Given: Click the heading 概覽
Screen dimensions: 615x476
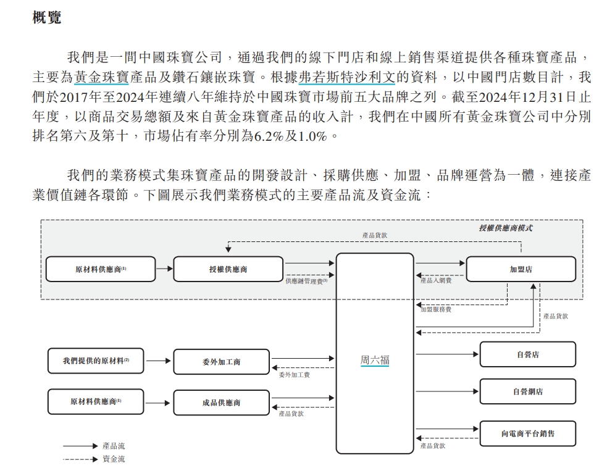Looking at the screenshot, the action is pyautogui.click(x=47, y=18).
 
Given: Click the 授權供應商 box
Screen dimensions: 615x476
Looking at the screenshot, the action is pyautogui.click(x=228, y=269).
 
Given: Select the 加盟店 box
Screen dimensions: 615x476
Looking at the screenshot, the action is pyautogui.click(x=521, y=269).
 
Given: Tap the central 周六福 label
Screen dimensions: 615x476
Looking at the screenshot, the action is pyautogui.click(x=375, y=360).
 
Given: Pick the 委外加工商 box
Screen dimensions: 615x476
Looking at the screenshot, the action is pyautogui.click(x=221, y=362).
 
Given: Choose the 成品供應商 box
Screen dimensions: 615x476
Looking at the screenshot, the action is pyautogui.click(x=221, y=403).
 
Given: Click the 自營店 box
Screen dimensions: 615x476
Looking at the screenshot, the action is pyautogui.click(x=528, y=354).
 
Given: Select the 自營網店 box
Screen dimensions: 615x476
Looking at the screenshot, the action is pyautogui.click(x=528, y=391).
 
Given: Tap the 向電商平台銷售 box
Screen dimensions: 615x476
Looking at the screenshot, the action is pyautogui.click(x=528, y=433).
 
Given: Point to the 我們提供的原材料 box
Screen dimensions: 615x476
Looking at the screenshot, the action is pyautogui.click(x=96, y=361).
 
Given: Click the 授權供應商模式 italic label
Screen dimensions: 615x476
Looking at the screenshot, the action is pyautogui.click(x=506, y=228).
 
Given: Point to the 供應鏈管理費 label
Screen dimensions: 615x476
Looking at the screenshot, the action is pyautogui.click(x=306, y=282).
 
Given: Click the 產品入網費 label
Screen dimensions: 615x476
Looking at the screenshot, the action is pyautogui.click(x=436, y=281).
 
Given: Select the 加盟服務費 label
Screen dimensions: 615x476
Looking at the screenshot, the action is pyautogui.click(x=436, y=309).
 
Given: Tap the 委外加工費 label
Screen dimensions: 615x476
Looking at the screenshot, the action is pyautogui.click(x=294, y=375).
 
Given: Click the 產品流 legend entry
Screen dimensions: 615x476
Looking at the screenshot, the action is pyautogui.click(x=114, y=446).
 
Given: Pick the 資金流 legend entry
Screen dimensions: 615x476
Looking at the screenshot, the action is pyautogui.click(x=114, y=459).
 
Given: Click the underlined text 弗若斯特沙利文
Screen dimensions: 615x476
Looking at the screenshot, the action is pyautogui.click(x=347, y=77).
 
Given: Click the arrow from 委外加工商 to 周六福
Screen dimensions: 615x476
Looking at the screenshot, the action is pyautogui.click(x=303, y=358).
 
